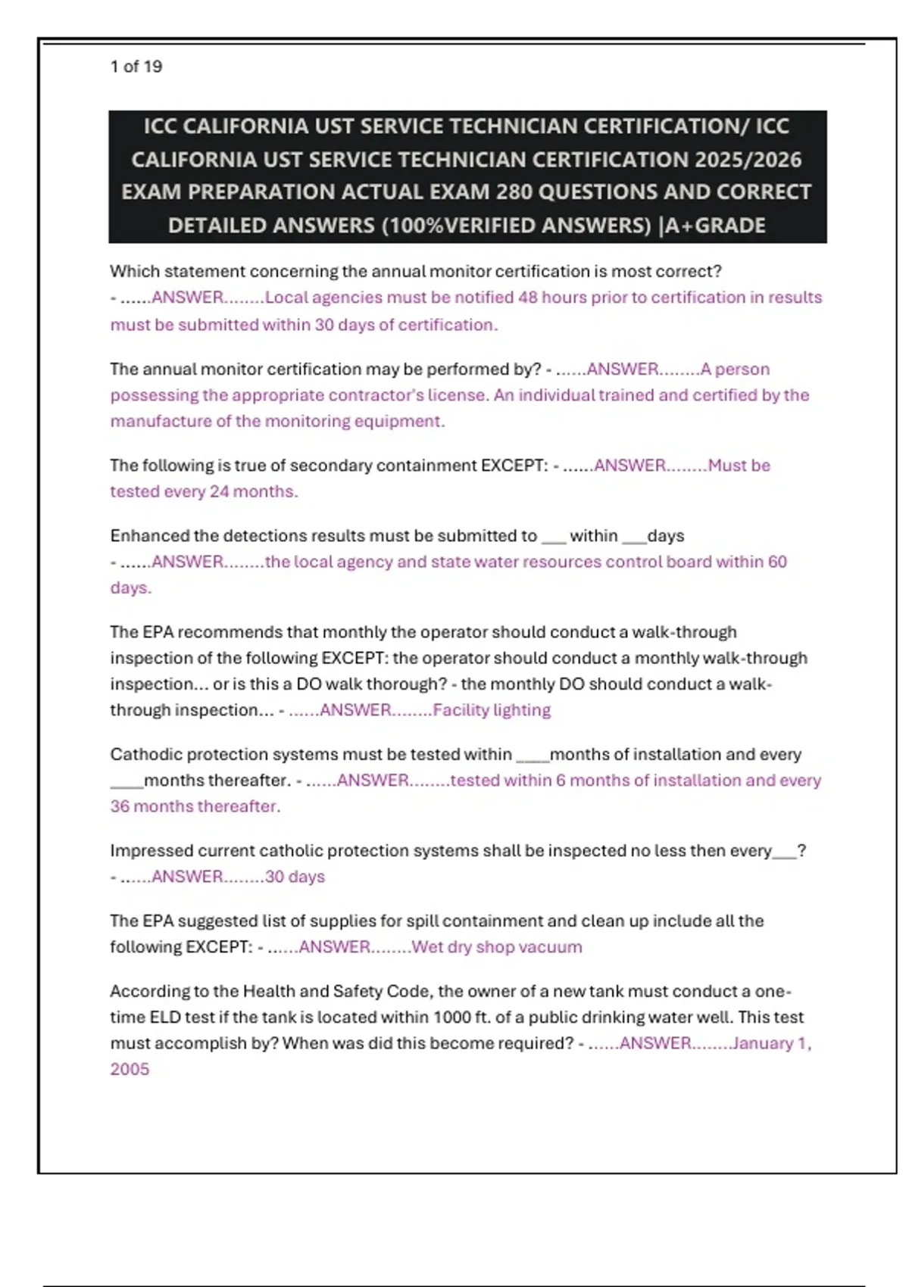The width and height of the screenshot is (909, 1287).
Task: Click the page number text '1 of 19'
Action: pos(136,67)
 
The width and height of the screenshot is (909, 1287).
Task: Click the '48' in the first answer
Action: pos(527,298)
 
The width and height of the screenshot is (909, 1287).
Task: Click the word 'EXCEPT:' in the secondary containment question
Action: pos(514,466)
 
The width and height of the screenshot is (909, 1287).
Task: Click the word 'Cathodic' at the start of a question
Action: pos(145,755)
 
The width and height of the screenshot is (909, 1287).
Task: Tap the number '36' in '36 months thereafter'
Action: pos(120,806)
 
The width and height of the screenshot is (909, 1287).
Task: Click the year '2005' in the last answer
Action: pos(130,1069)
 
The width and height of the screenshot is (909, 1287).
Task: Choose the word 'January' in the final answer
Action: pos(763,1043)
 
